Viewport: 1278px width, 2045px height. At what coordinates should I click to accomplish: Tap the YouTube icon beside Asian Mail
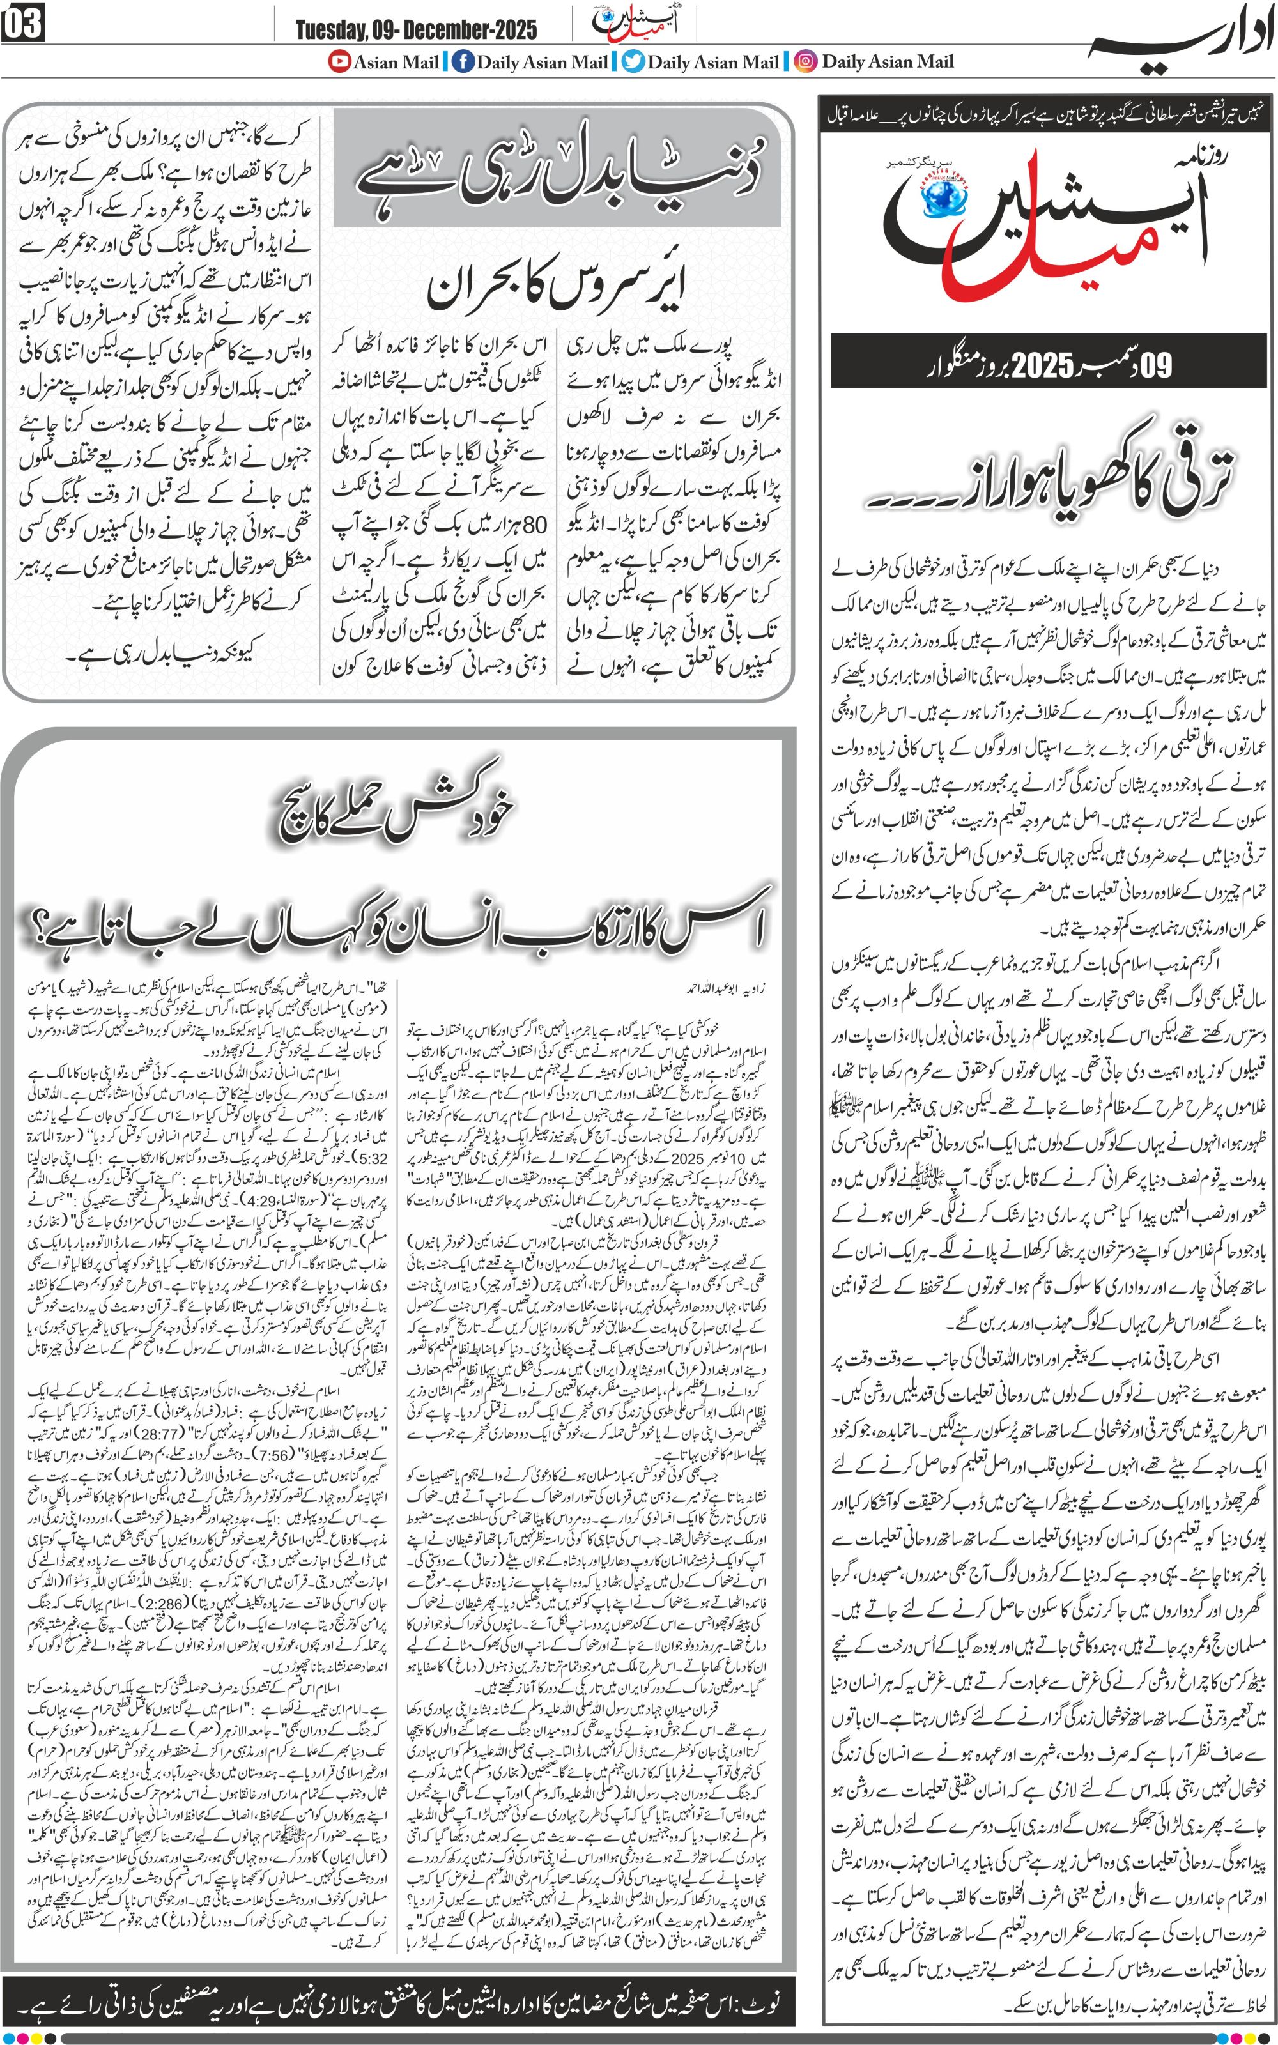[339, 62]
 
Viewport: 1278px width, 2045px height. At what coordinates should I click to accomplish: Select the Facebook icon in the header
[463, 62]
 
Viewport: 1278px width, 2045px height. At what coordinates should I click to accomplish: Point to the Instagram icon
[807, 62]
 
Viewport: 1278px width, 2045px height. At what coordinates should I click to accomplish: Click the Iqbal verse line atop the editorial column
[1048, 118]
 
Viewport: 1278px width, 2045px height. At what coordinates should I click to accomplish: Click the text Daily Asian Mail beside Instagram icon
[888, 62]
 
